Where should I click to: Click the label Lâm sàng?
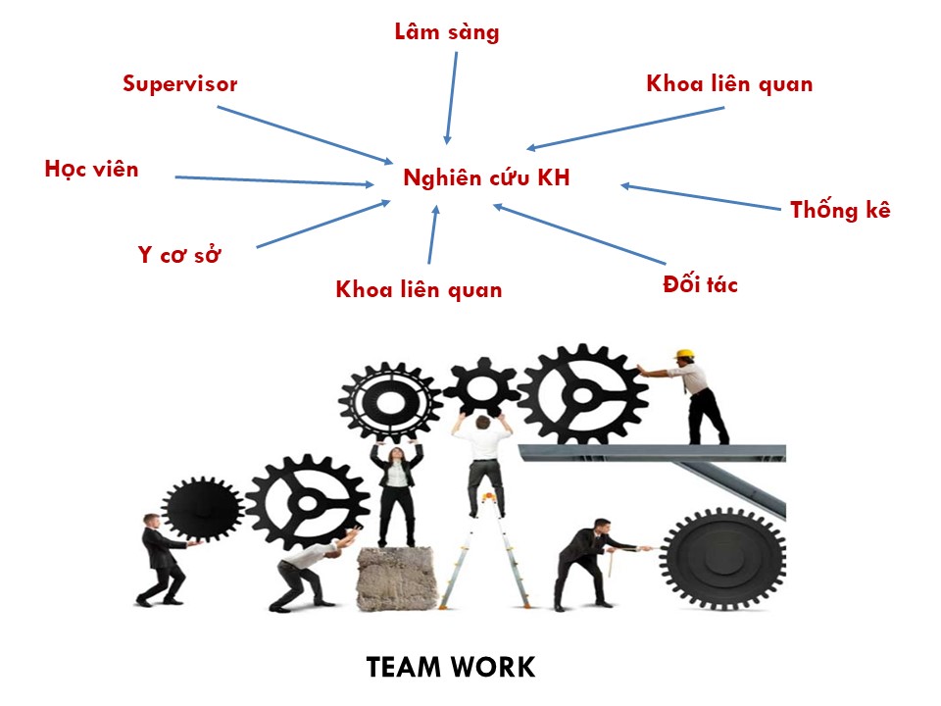click(x=446, y=32)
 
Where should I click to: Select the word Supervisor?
click(x=179, y=84)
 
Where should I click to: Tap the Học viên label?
click(x=91, y=170)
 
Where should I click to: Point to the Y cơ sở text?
click(x=179, y=257)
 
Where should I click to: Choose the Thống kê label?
click(x=840, y=210)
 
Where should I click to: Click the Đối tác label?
click(x=700, y=285)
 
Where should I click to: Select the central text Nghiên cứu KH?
click(x=486, y=179)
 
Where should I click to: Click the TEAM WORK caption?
click(x=451, y=668)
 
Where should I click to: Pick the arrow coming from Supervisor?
click(x=304, y=133)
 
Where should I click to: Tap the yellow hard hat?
click(x=685, y=353)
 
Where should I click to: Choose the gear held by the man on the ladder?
click(x=480, y=386)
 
